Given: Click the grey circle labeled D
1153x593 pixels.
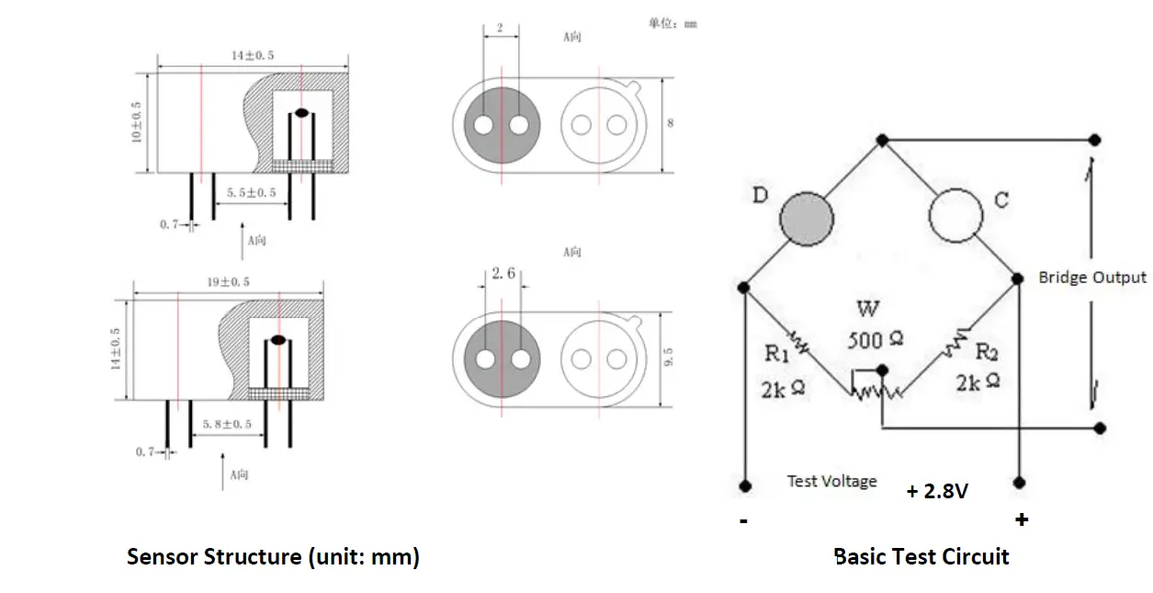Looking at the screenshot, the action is [807, 219].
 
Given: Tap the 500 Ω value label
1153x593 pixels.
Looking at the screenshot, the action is [875, 340].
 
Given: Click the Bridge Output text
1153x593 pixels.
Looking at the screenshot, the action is [1091, 277].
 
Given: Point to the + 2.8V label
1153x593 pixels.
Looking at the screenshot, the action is [936, 491].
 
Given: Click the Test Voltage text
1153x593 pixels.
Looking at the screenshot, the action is [831, 481].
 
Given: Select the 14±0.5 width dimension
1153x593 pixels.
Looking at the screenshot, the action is [252, 55].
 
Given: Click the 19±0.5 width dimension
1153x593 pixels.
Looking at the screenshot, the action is [227, 280].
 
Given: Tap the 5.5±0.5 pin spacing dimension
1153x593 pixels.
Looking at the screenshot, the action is [251, 192].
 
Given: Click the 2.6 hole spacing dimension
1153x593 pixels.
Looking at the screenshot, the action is [503, 273].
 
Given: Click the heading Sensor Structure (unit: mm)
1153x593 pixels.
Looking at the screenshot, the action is [273, 556].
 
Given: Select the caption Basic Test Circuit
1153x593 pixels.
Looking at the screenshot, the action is [921, 556].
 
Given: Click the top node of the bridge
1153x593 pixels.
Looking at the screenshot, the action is [882, 140].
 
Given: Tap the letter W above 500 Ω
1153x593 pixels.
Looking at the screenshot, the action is [866, 308].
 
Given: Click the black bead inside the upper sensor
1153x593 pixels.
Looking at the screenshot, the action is [301, 114].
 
